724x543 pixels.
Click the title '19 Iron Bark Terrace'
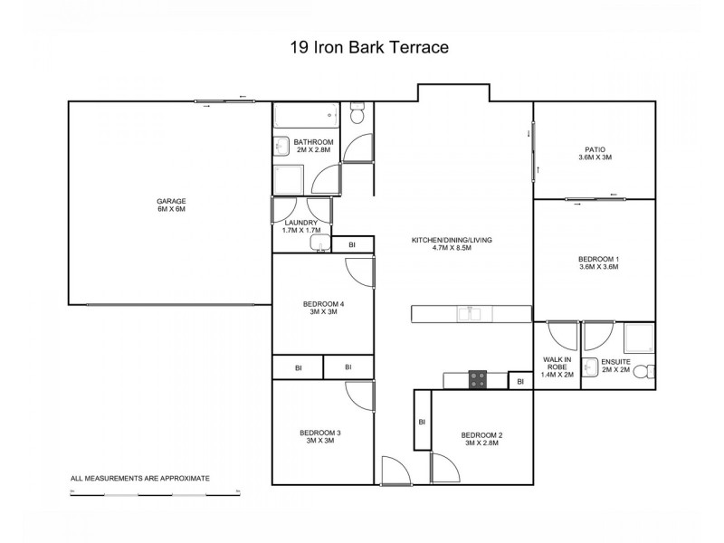pyautogui.click(x=361, y=46)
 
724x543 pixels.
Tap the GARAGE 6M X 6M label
pyautogui.click(x=170, y=205)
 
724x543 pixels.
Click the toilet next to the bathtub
pyautogui.click(x=357, y=115)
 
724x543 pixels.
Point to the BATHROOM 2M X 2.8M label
pyautogui.click(x=314, y=147)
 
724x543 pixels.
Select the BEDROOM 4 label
pyautogui.click(x=322, y=308)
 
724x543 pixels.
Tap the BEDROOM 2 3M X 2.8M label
pyautogui.click(x=481, y=439)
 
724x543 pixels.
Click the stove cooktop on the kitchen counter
pyautogui.click(x=476, y=380)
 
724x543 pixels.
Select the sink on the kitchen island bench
pyautogui.click(x=468, y=314)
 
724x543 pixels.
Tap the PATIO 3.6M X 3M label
pyautogui.click(x=595, y=153)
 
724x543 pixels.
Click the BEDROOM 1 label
pyautogui.click(x=598, y=262)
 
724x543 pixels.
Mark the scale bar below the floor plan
pyautogui.click(x=154, y=494)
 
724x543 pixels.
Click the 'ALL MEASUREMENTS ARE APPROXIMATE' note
pyautogui.click(x=140, y=477)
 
